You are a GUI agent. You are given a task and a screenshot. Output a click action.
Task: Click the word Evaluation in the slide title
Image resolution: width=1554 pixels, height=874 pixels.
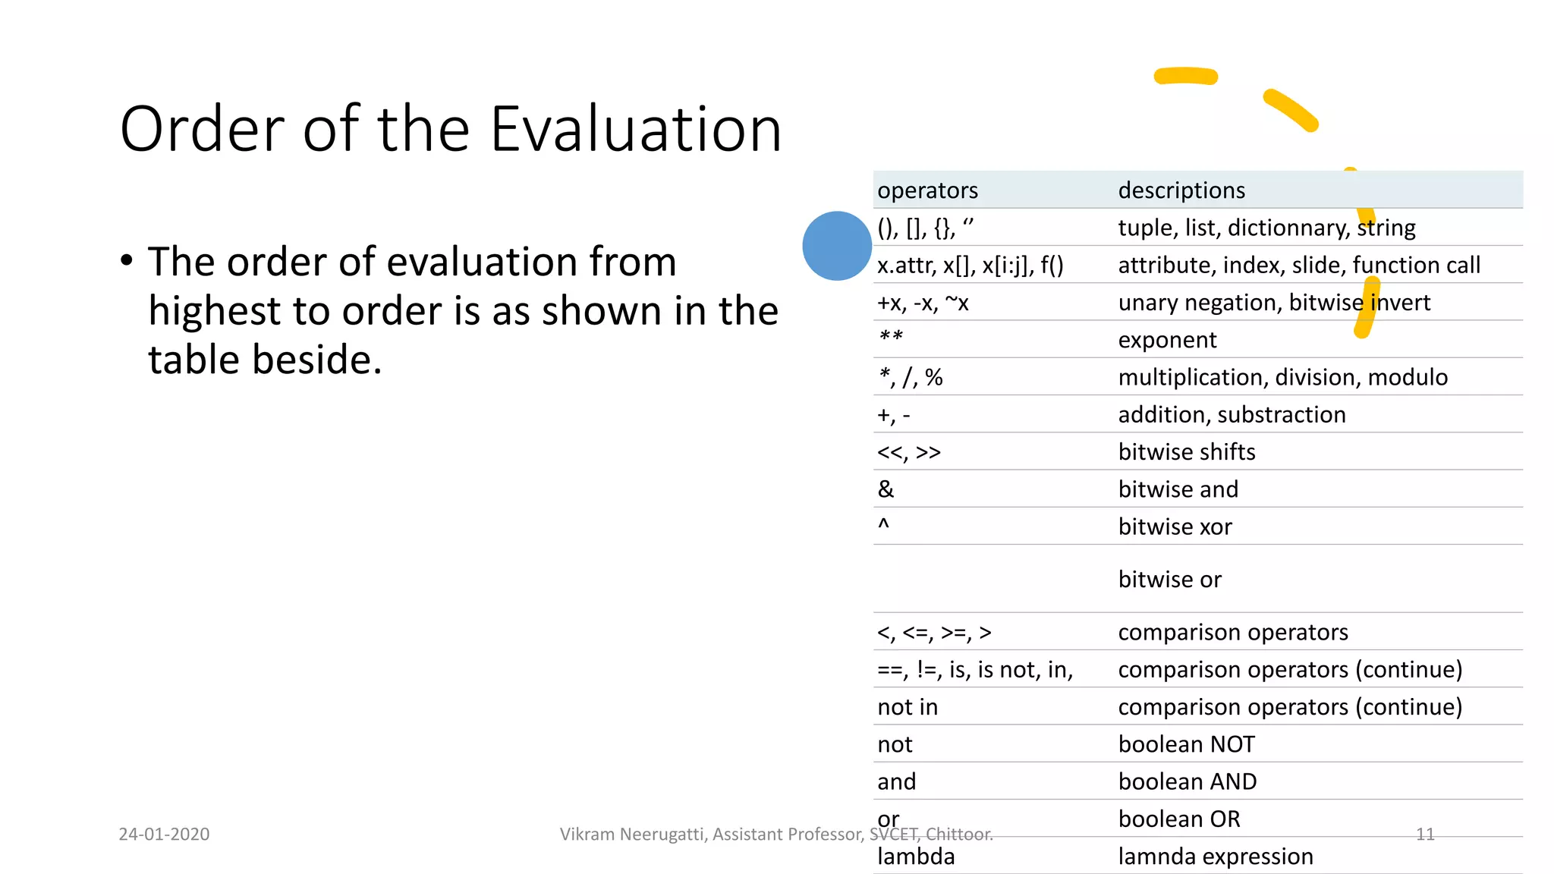(636, 129)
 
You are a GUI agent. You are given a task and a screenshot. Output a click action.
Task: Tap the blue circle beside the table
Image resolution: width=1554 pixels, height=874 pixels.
(836, 246)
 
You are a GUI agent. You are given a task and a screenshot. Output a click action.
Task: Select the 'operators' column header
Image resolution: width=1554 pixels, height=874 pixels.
(927, 190)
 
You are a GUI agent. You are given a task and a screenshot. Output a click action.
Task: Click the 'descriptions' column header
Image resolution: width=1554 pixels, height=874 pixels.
(1181, 190)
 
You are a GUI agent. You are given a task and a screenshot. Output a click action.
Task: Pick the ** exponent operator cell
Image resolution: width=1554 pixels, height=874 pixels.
(891, 338)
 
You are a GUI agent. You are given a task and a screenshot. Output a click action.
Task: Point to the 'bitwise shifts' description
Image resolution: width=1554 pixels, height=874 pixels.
(1186, 452)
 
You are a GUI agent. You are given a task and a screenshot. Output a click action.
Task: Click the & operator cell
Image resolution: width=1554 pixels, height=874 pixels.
(886, 489)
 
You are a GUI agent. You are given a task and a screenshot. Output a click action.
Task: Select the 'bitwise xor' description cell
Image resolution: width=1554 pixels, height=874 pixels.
(1175, 527)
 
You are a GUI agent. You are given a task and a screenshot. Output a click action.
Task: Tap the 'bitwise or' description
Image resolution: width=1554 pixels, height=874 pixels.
(1169, 580)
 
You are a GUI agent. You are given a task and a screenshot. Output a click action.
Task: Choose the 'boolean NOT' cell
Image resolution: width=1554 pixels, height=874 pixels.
(1186, 744)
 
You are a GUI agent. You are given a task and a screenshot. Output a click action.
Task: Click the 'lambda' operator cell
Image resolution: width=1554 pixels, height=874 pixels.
(916, 857)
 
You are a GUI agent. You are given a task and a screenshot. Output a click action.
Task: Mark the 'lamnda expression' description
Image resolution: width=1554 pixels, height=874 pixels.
(1215, 857)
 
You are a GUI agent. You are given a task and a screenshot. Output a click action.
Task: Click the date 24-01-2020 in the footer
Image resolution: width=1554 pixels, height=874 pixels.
(164, 834)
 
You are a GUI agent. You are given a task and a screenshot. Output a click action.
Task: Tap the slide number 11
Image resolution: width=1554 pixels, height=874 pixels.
(1425, 834)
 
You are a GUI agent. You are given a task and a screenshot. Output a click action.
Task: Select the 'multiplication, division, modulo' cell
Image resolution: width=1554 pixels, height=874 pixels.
(1282, 377)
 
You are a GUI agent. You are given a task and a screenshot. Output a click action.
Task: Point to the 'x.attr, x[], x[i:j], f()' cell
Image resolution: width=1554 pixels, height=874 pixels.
(970, 265)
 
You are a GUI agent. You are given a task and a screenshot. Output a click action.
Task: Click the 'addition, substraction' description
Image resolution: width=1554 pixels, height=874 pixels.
(1232, 415)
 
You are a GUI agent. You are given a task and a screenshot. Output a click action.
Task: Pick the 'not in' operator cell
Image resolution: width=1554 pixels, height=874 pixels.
(908, 707)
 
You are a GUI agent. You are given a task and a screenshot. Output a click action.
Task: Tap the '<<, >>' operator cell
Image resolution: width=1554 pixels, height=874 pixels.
(908, 452)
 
